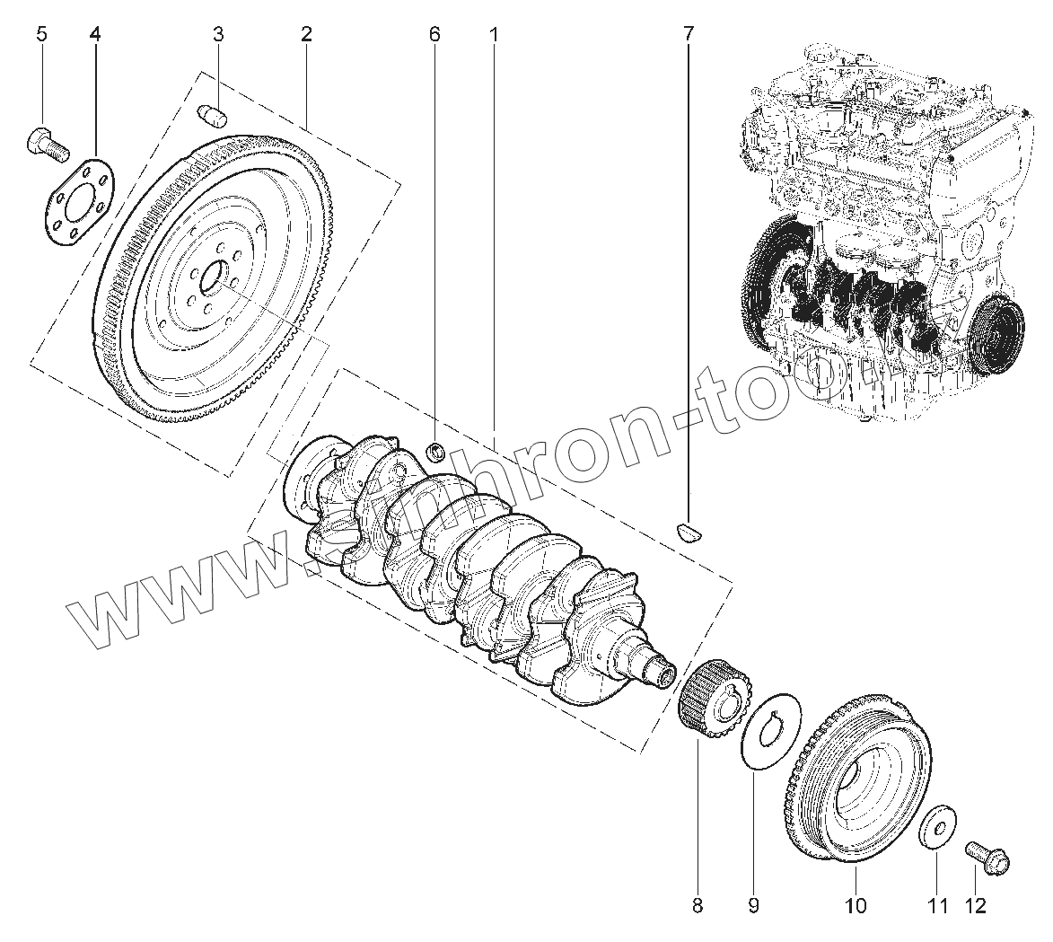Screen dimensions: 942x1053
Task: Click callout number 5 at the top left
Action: tap(41, 35)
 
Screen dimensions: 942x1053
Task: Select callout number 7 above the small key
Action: tap(689, 35)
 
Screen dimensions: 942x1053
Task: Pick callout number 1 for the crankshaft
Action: tap(493, 35)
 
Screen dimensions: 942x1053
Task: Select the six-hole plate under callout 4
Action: tap(78, 204)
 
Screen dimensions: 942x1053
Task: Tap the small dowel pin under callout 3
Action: tap(212, 117)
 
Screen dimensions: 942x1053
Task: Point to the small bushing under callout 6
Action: tap(436, 451)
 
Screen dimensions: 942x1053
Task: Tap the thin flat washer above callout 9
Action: tap(770, 734)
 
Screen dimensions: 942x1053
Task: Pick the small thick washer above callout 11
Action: tap(937, 824)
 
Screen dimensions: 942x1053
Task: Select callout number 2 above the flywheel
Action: tap(306, 35)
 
